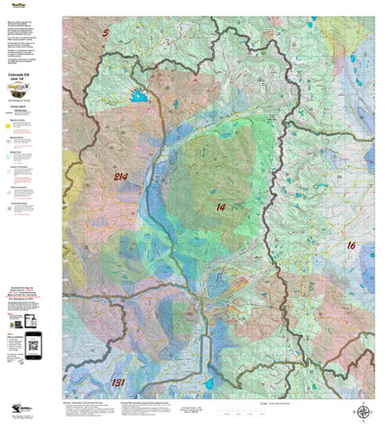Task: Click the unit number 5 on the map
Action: tap(106, 34)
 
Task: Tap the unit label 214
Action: tap(119, 177)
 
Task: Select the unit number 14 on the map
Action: tap(221, 207)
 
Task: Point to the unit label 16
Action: tap(350, 245)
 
